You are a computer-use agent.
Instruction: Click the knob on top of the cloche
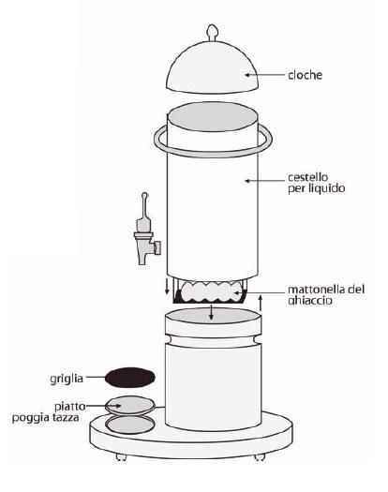click(212, 32)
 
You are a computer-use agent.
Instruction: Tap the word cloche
click(306, 75)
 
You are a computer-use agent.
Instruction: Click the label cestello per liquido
click(317, 183)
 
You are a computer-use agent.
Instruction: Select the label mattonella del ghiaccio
click(326, 294)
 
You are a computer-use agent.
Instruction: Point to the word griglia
click(67, 379)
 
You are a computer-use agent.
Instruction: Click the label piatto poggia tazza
click(49, 412)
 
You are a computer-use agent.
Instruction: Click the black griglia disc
click(130, 377)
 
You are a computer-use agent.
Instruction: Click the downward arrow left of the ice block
click(168, 286)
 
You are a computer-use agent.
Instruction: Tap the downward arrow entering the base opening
click(211, 312)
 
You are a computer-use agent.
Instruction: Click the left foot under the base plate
click(121, 456)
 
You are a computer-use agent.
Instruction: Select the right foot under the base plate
click(260, 457)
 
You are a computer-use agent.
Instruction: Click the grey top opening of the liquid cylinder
click(213, 116)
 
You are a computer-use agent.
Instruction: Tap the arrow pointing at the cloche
click(264, 75)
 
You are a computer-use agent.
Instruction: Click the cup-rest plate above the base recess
click(130, 406)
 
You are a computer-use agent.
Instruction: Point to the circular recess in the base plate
click(130, 425)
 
